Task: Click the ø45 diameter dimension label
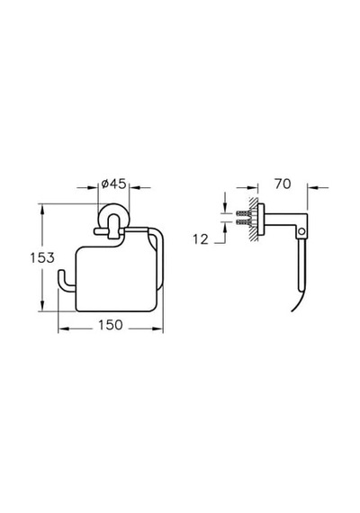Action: pyautogui.click(x=113, y=184)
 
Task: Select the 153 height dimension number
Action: pyautogui.click(x=42, y=257)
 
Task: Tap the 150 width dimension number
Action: pyautogui.click(x=111, y=325)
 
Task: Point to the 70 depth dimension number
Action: pyautogui.click(x=283, y=184)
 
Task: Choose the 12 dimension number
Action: pyautogui.click(x=201, y=239)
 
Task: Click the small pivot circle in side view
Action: pyautogui.click(x=301, y=231)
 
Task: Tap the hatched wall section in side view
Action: pyautogui.click(x=254, y=220)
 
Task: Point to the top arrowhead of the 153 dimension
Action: pyautogui.click(x=42, y=209)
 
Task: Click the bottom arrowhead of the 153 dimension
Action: pyautogui.click(x=42, y=306)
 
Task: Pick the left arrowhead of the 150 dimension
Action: pyautogui.click(x=64, y=328)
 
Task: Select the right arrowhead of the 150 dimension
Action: pyautogui.click(x=157, y=328)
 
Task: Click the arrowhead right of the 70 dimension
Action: pyautogui.click(x=312, y=188)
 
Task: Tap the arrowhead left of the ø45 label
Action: pyautogui.click(x=93, y=188)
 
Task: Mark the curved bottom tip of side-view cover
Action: pyautogui.click(x=292, y=310)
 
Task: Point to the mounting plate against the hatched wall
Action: pyautogui.click(x=261, y=220)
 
